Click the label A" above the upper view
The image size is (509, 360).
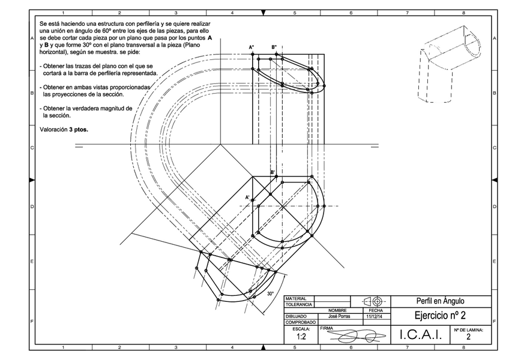252,47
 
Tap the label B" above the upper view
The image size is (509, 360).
274,47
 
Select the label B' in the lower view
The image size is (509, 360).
273,172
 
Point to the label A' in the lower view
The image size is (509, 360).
247,197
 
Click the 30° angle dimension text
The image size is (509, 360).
270,293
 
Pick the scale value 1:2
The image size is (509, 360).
300,337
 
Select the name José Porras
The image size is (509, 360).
334,316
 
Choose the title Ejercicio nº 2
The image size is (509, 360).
440,316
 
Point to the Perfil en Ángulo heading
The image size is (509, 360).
440,301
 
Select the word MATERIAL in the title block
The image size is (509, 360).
296,298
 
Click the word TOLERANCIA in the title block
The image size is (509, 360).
298,304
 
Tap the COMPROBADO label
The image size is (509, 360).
301,322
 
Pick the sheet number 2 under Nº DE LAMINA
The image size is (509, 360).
468,338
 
